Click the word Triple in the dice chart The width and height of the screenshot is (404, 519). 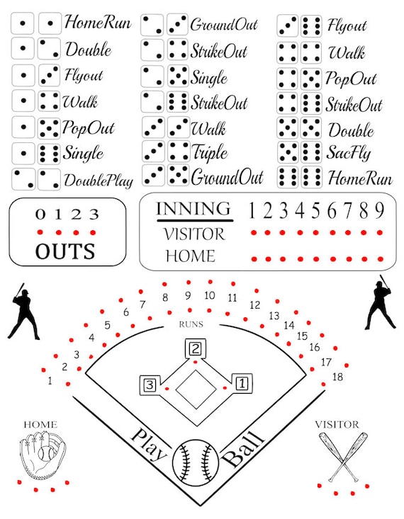[210, 153]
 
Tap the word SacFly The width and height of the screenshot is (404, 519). [348, 153]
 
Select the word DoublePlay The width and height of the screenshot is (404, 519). [99, 181]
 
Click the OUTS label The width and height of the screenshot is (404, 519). [65, 251]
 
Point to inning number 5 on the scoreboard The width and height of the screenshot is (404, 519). [316, 210]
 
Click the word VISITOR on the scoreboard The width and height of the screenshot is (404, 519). [194, 234]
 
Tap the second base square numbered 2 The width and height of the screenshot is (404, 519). [195, 348]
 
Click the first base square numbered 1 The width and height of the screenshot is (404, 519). [242, 384]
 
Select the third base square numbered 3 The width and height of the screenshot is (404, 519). [150, 385]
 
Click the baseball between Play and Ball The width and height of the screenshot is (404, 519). [196, 463]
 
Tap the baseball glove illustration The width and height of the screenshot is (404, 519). [42, 454]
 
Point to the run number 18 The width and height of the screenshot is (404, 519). [337, 377]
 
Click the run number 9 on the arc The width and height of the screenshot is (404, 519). [188, 295]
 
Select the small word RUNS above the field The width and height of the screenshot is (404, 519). [191, 324]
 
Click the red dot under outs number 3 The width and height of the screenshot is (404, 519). [93, 232]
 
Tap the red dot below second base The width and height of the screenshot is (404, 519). [195, 362]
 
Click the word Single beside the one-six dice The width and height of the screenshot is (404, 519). [83, 153]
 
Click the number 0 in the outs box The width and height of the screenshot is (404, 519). [40, 215]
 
